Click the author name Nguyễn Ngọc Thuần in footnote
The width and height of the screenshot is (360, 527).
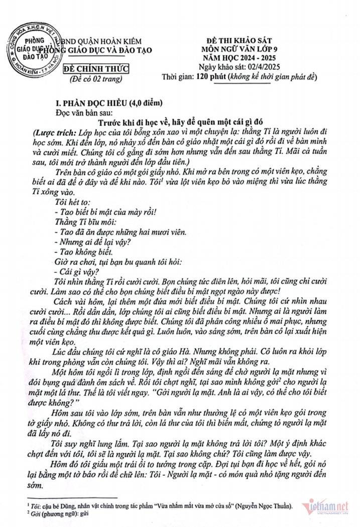pyautogui.click(x=267, y=507)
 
